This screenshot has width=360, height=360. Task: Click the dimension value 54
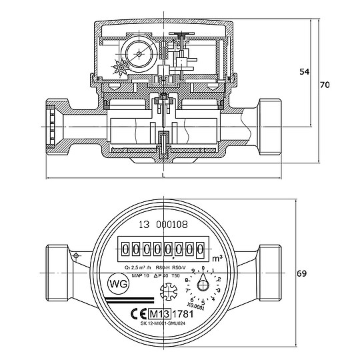coord(303,72)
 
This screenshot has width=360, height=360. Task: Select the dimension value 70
coord(325,85)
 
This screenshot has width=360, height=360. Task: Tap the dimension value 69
coord(301,274)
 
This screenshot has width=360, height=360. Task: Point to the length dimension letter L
coord(163,175)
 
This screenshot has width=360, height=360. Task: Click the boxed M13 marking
coord(160,314)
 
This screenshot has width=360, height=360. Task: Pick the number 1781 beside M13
coord(185,314)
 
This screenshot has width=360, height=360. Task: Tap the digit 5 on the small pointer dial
coord(203,302)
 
